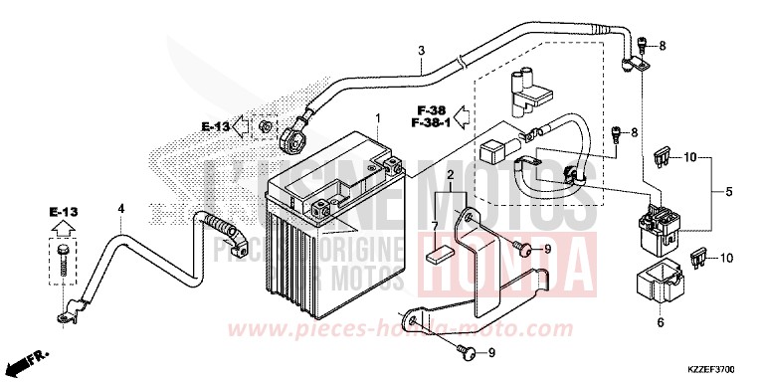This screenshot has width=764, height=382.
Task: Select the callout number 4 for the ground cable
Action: point(120,209)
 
